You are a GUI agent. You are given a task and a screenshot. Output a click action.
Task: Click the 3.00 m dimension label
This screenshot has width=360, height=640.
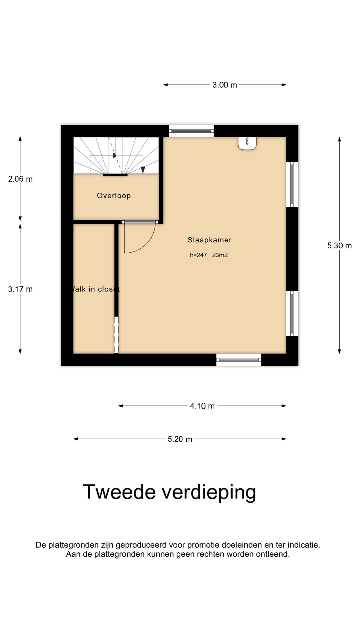coord(225,85)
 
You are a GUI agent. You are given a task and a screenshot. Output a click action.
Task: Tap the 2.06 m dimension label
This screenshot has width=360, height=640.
coord(20,179)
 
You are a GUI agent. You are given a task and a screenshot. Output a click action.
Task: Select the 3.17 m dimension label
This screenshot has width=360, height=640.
coord(20,289)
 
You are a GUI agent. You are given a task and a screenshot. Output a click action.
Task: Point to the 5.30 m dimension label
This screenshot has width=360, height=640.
coord(339,246)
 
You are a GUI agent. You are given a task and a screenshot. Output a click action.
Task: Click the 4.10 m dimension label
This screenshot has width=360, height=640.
coord(202,406)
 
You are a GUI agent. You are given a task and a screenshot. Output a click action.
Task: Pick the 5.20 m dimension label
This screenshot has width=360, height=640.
coord(180,439)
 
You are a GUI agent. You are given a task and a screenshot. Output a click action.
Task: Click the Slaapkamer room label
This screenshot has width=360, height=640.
coord(209,240)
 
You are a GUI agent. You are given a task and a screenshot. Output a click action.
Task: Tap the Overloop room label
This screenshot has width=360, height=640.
coord(114,196)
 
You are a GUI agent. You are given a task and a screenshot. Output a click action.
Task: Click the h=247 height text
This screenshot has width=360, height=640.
coord(198,255)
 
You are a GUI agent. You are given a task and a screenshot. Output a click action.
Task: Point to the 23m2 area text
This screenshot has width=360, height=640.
coord(220,255)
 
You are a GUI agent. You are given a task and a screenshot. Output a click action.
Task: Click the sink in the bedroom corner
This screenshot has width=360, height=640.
coord(247,143)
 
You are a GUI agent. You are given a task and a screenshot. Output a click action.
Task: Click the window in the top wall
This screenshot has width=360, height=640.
coord(191,131)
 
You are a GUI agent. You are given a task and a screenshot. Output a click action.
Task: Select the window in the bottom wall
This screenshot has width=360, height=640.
coord(239,360)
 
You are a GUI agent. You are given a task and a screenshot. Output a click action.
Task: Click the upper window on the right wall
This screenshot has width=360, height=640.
coord(292,184)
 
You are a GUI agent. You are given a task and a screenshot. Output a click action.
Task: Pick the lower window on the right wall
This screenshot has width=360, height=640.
coord(292,313)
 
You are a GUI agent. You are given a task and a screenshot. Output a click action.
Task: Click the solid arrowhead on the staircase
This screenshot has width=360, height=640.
coord(143,170)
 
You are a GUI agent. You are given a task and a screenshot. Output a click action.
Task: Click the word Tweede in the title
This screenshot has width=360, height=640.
coord(119,492)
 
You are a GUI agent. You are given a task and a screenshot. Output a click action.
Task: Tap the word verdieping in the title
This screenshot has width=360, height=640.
coord(209,492)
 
